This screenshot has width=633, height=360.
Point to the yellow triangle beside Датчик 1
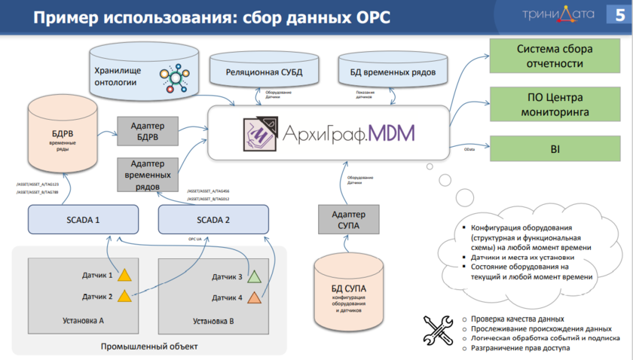125,275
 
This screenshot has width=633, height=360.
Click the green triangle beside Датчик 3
255,276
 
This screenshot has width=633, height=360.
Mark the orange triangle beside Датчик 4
255,297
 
